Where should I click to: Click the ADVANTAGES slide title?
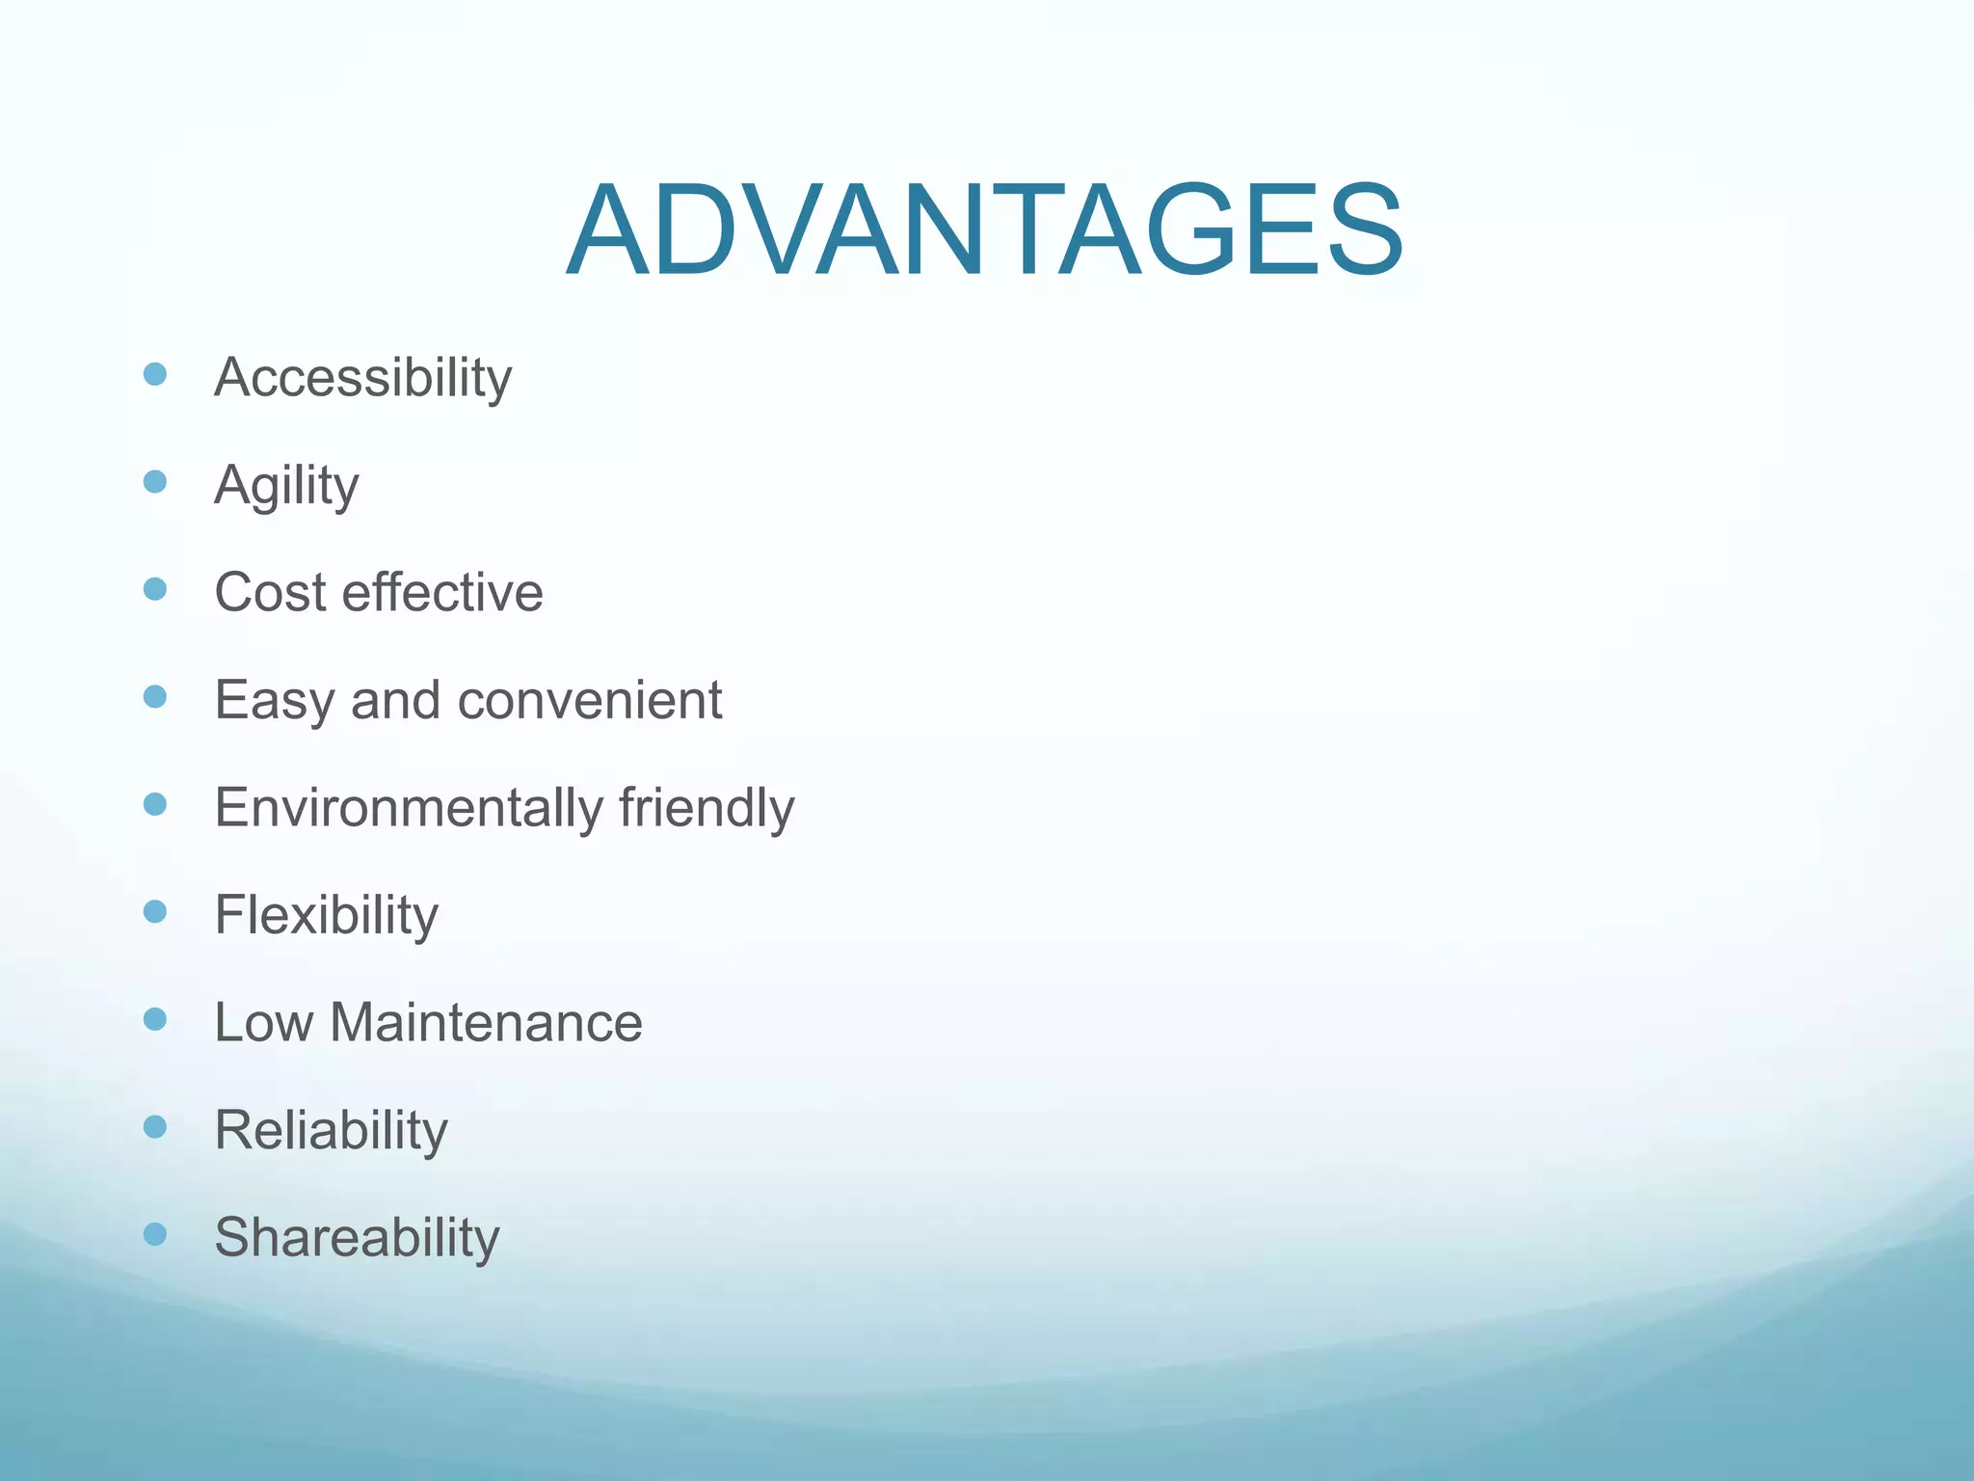[984, 232]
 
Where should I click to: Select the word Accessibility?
[362, 377]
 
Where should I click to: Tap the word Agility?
[286, 485]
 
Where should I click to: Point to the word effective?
[442, 592]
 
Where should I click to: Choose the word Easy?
[274, 701]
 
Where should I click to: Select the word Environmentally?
[408, 808]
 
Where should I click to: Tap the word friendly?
[707, 808]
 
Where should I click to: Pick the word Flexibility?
[326, 915]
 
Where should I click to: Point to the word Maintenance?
[486, 1023]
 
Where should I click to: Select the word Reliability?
[331, 1130]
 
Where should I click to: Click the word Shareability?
[357, 1238]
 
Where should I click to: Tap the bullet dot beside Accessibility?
[155, 374]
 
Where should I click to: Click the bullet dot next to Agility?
[155, 481]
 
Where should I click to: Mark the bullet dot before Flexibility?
[155, 911]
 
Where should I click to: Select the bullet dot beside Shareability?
[155, 1234]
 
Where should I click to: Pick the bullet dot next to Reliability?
[155, 1126]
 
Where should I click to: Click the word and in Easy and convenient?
[396, 701]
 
